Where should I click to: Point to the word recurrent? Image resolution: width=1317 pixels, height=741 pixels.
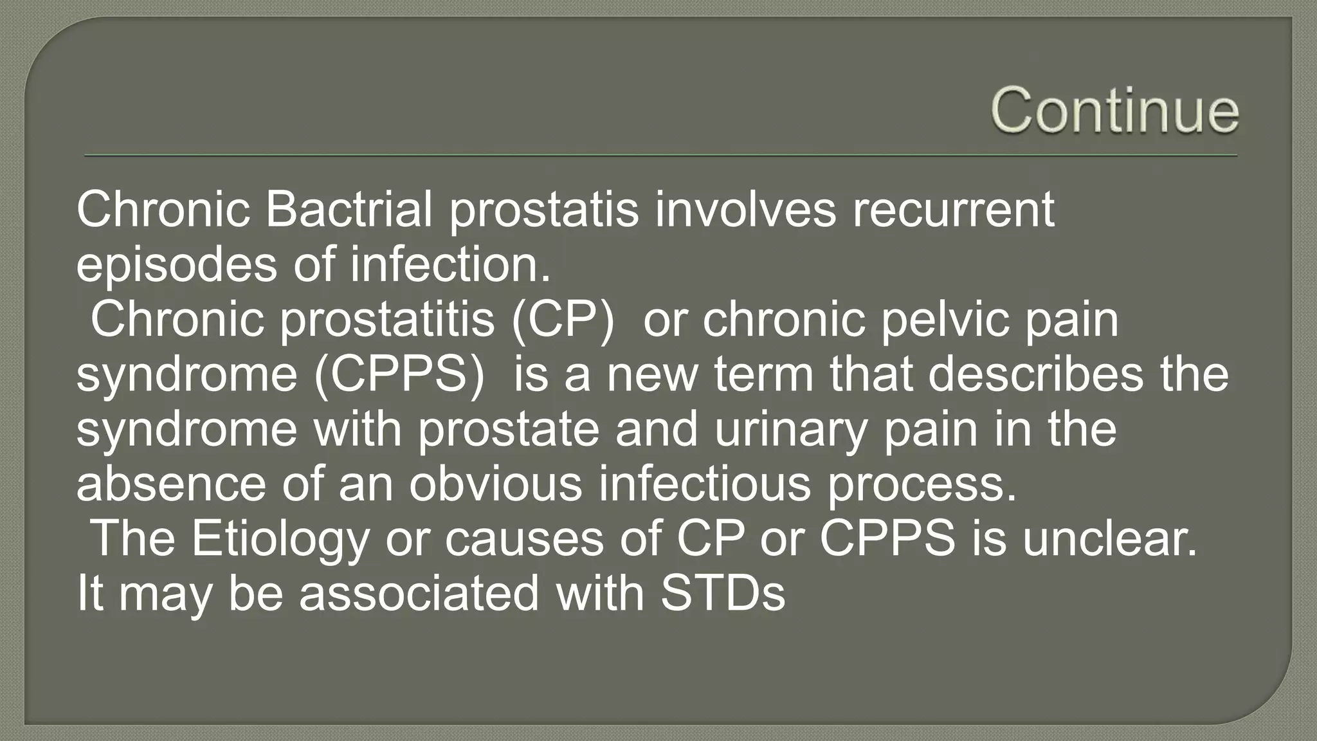pos(953,210)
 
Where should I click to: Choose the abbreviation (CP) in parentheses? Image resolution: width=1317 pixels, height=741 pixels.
pos(563,320)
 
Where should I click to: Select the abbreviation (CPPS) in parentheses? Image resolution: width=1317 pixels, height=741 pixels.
pos(399,375)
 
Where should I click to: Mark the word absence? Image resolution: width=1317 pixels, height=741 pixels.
pos(171,484)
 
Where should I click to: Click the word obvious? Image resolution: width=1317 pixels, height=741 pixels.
pos(496,484)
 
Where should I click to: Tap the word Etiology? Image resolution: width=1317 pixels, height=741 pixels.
pos(280,540)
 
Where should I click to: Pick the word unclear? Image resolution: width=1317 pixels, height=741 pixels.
pos(1111,538)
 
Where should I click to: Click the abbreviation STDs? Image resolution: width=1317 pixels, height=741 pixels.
pos(723,593)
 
